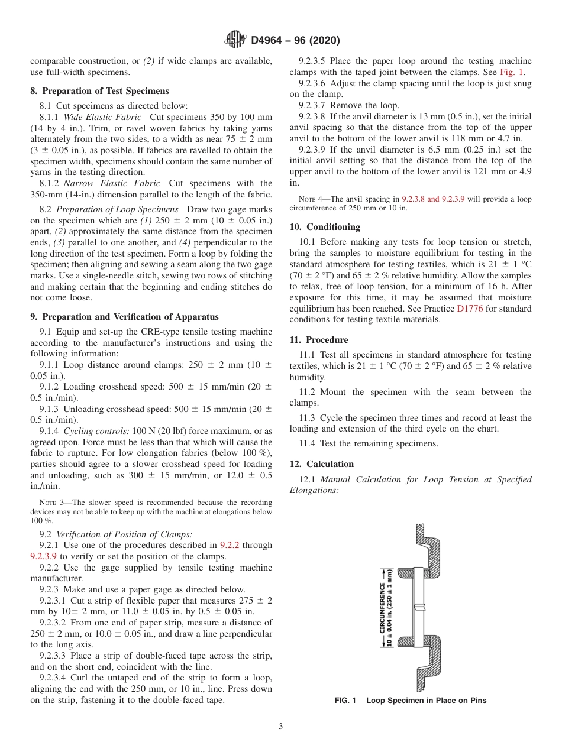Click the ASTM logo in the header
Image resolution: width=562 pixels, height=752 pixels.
[236, 40]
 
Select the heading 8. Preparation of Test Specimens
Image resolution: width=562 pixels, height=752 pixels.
[99, 91]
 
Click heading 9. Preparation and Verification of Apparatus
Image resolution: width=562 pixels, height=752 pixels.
[124, 317]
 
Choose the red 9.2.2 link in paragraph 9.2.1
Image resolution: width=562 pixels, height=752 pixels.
[229, 545]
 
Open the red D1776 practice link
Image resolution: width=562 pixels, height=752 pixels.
[470, 309]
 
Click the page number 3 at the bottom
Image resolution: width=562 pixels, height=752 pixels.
[281, 727]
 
